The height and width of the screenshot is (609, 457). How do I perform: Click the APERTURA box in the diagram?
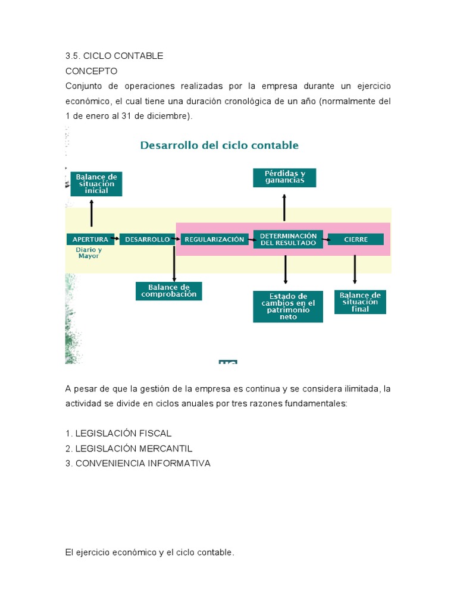click(90, 239)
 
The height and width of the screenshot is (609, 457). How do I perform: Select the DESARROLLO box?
click(147, 239)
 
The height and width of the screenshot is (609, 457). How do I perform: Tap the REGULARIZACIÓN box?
click(214, 239)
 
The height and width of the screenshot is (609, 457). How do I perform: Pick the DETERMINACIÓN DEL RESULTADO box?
click(288, 238)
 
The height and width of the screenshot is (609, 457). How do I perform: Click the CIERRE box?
click(356, 239)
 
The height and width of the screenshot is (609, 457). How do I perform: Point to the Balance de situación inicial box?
click(96, 184)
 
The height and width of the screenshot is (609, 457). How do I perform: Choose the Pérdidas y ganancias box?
click(284, 177)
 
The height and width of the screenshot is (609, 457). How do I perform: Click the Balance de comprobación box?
click(169, 291)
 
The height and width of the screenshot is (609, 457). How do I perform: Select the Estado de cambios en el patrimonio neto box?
click(288, 306)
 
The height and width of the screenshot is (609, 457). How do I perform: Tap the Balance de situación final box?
click(360, 302)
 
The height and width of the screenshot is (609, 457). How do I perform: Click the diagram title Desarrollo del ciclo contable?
click(219, 145)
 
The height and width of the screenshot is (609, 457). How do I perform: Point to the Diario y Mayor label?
click(89, 253)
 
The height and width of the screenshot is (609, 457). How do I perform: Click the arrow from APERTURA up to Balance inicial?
click(92, 212)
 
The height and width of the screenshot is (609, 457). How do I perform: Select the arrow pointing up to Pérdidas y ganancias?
click(284, 208)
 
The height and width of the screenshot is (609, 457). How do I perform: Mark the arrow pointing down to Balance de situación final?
click(355, 269)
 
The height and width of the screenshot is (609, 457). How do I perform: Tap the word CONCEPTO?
click(91, 71)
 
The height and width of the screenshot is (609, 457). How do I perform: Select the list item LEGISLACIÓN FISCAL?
click(123, 433)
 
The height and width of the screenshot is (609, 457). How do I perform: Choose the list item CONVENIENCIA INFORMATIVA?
click(142, 463)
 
